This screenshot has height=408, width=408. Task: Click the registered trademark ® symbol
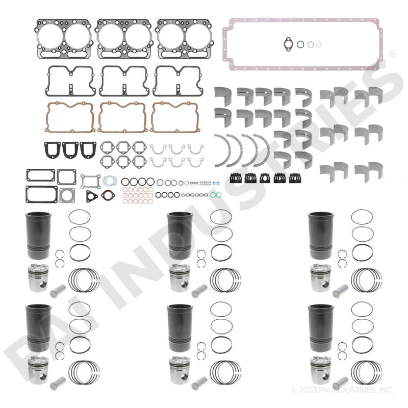[393, 54]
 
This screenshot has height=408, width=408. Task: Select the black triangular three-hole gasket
[92, 196]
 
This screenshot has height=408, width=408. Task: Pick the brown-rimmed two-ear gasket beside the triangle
[108, 196]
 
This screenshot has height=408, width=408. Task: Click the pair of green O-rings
[216, 195]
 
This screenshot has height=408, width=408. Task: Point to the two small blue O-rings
[216, 183]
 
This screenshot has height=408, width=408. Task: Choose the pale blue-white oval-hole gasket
[110, 181]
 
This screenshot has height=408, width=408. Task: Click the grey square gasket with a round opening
[67, 195]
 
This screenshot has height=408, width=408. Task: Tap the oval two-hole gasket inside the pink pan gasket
[288, 44]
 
